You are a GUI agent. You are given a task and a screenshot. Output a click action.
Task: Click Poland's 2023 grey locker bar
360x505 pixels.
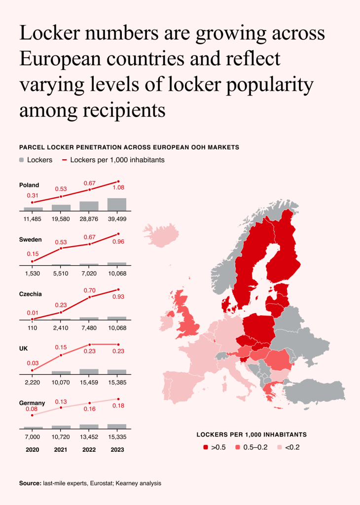(x=117, y=205)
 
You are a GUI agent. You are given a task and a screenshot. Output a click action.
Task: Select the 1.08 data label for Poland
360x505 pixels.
(x=118, y=187)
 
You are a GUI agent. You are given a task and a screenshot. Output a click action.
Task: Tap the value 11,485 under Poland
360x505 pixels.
(x=32, y=219)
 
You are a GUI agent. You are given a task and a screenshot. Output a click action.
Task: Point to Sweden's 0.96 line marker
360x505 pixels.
(x=118, y=234)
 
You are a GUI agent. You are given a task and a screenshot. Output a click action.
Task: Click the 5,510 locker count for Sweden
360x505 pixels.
(x=61, y=273)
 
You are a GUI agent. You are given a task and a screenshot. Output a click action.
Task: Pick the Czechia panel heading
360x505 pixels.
(x=30, y=294)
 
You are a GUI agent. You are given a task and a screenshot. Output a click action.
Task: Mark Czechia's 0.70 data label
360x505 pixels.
(x=90, y=290)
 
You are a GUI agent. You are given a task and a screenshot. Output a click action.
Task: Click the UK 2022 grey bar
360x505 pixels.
(x=89, y=372)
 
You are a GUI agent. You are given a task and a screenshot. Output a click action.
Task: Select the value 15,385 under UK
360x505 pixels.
(x=117, y=383)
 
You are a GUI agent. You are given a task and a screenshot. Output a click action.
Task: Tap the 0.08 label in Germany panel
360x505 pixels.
(x=32, y=409)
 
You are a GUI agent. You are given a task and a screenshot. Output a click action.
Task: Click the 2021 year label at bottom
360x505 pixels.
(x=61, y=450)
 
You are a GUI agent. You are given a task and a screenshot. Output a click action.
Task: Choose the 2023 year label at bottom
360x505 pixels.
(x=117, y=450)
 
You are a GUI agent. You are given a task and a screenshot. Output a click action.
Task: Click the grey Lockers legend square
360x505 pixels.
(x=22, y=160)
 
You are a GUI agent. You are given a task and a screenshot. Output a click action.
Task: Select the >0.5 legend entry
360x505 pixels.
(x=215, y=447)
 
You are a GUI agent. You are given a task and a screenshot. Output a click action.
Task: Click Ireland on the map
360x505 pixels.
(x=166, y=321)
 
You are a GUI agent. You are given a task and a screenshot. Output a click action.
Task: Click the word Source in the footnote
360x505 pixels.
(x=30, y=483)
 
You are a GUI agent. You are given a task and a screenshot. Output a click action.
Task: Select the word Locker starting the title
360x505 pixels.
(x=50, y=33)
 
